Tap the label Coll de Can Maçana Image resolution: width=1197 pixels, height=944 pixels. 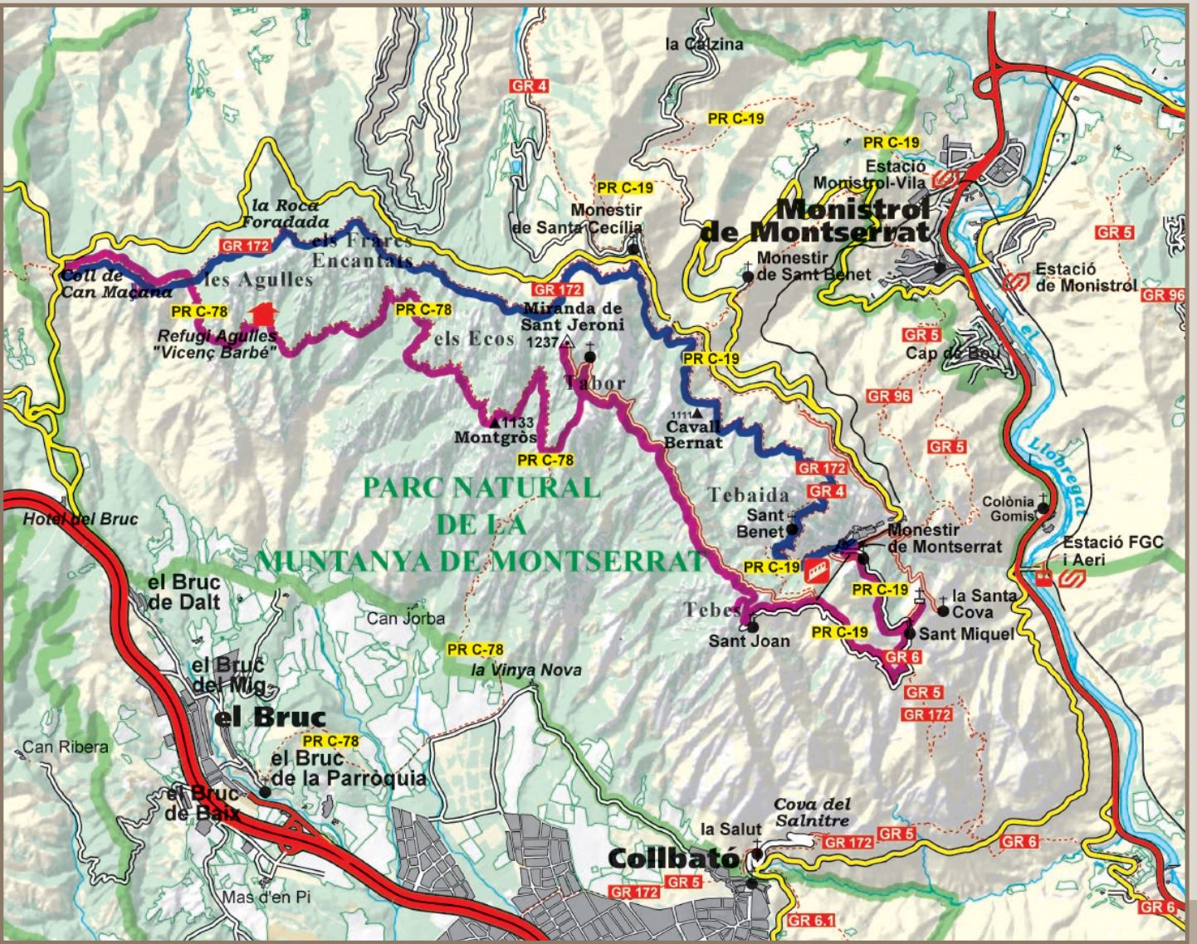point(115,284)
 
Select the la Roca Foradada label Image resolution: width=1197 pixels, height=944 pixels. point(285,214)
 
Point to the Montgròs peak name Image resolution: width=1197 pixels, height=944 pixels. point(496,437)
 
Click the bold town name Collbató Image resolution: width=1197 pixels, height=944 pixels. point(673,858)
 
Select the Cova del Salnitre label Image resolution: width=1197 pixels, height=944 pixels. point(811,812)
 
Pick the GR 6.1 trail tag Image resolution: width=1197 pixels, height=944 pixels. point(811,920)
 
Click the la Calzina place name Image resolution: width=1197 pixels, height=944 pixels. point(704,44)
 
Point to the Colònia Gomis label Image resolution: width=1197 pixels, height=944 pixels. point(1008,508)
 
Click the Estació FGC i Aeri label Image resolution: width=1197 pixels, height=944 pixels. point(1113,550)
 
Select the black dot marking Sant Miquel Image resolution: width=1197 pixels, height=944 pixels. point(910,634)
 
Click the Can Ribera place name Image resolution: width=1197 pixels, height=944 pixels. point(65,747)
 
